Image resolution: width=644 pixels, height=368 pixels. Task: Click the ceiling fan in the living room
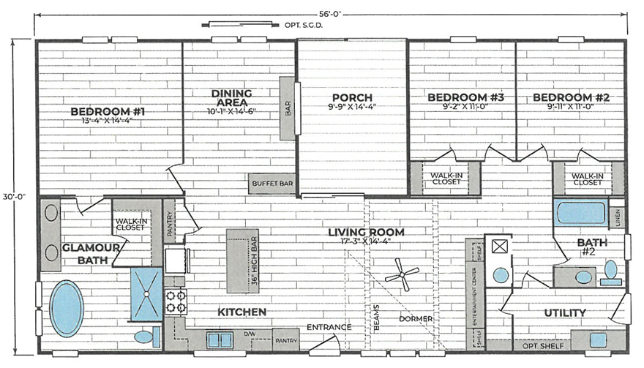point(402,275)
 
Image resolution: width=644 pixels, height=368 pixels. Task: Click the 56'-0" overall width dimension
point(330,13)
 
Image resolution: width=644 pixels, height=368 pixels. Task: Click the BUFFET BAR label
point(271,184)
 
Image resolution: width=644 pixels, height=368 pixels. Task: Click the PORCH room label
point(351,97)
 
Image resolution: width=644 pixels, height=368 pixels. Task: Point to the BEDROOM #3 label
point(457,97)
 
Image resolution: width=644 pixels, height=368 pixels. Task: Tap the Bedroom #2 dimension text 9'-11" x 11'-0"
point(571,107)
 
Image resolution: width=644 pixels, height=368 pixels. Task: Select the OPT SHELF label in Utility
point(536,345)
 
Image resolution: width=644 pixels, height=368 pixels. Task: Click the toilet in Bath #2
point(610,272)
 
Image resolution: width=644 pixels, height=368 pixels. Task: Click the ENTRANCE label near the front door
point(329,326)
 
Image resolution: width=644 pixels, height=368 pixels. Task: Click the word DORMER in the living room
point(416,319)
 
